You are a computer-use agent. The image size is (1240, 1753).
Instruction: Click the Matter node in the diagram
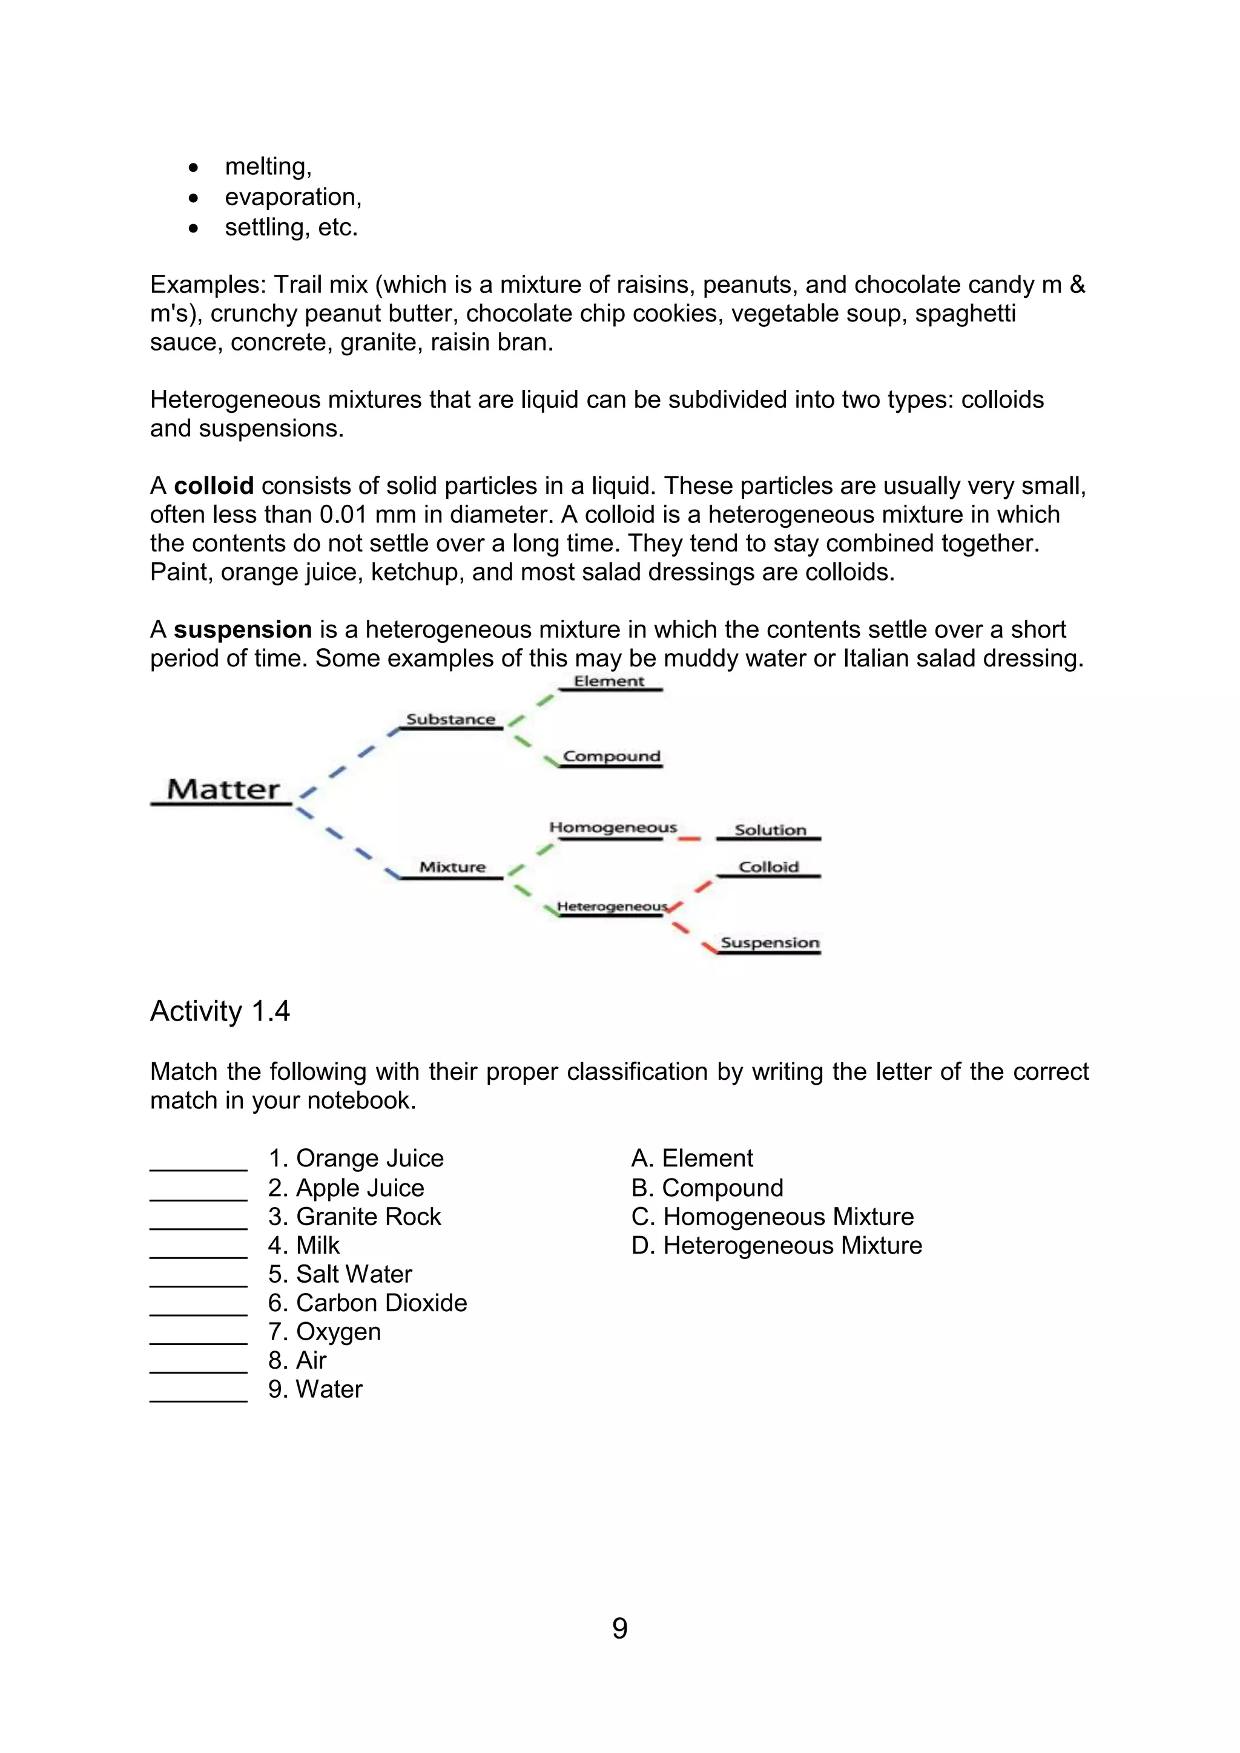point(223,789)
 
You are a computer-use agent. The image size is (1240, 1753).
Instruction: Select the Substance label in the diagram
point(450,719)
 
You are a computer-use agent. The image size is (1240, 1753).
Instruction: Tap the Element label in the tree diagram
point(609,681)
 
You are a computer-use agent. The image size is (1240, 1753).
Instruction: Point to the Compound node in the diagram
point(611,756)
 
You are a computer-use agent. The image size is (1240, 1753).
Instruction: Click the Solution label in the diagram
point(770,830)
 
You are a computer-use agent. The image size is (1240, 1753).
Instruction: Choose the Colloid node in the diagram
point(768,867)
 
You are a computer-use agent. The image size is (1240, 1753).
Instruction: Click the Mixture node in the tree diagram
point(452,867)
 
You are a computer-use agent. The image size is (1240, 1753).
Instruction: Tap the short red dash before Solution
point(688,839)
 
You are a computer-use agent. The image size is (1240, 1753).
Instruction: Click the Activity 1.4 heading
point(220,1011)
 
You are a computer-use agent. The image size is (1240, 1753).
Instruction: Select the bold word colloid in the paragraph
point(214,485)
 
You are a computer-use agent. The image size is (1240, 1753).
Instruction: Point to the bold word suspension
point(243,629)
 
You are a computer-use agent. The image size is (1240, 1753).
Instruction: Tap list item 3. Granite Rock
point(354,1216)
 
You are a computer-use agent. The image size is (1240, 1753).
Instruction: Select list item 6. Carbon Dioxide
point(368,1303)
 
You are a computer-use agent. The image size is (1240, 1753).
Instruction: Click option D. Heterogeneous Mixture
point(777,1245)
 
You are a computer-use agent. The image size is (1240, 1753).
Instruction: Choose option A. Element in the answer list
point(692,1158)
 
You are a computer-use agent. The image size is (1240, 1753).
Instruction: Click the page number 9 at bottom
point(620,1628)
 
